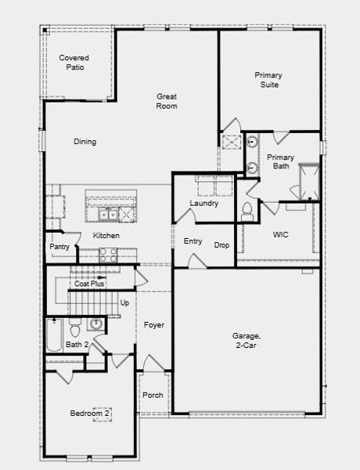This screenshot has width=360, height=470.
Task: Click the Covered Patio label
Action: [74, 63]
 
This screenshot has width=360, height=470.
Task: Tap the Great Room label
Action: [166, 101]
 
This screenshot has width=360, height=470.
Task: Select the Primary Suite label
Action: [268, 80]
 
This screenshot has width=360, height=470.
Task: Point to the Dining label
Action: [85, 142]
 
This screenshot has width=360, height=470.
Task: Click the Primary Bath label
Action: [280, 161]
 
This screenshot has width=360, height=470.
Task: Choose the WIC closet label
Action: [281, 234]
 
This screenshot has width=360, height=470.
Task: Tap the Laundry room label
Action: [203, 204]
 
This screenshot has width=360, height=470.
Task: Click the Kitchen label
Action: [106, 235]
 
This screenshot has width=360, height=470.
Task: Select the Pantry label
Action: [59, 248]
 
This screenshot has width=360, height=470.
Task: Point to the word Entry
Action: [193, 241]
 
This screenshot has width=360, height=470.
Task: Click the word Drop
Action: [222, 245]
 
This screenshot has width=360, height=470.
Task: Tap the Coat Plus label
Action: [90, 284]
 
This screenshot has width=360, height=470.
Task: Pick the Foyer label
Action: [153, 324]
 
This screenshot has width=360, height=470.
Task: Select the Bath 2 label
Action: [77, 345]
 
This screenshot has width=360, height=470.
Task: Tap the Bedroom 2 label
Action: [90, 414]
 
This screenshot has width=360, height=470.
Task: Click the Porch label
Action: [153, 395]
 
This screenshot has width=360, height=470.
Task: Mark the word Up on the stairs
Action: [124, 302]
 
